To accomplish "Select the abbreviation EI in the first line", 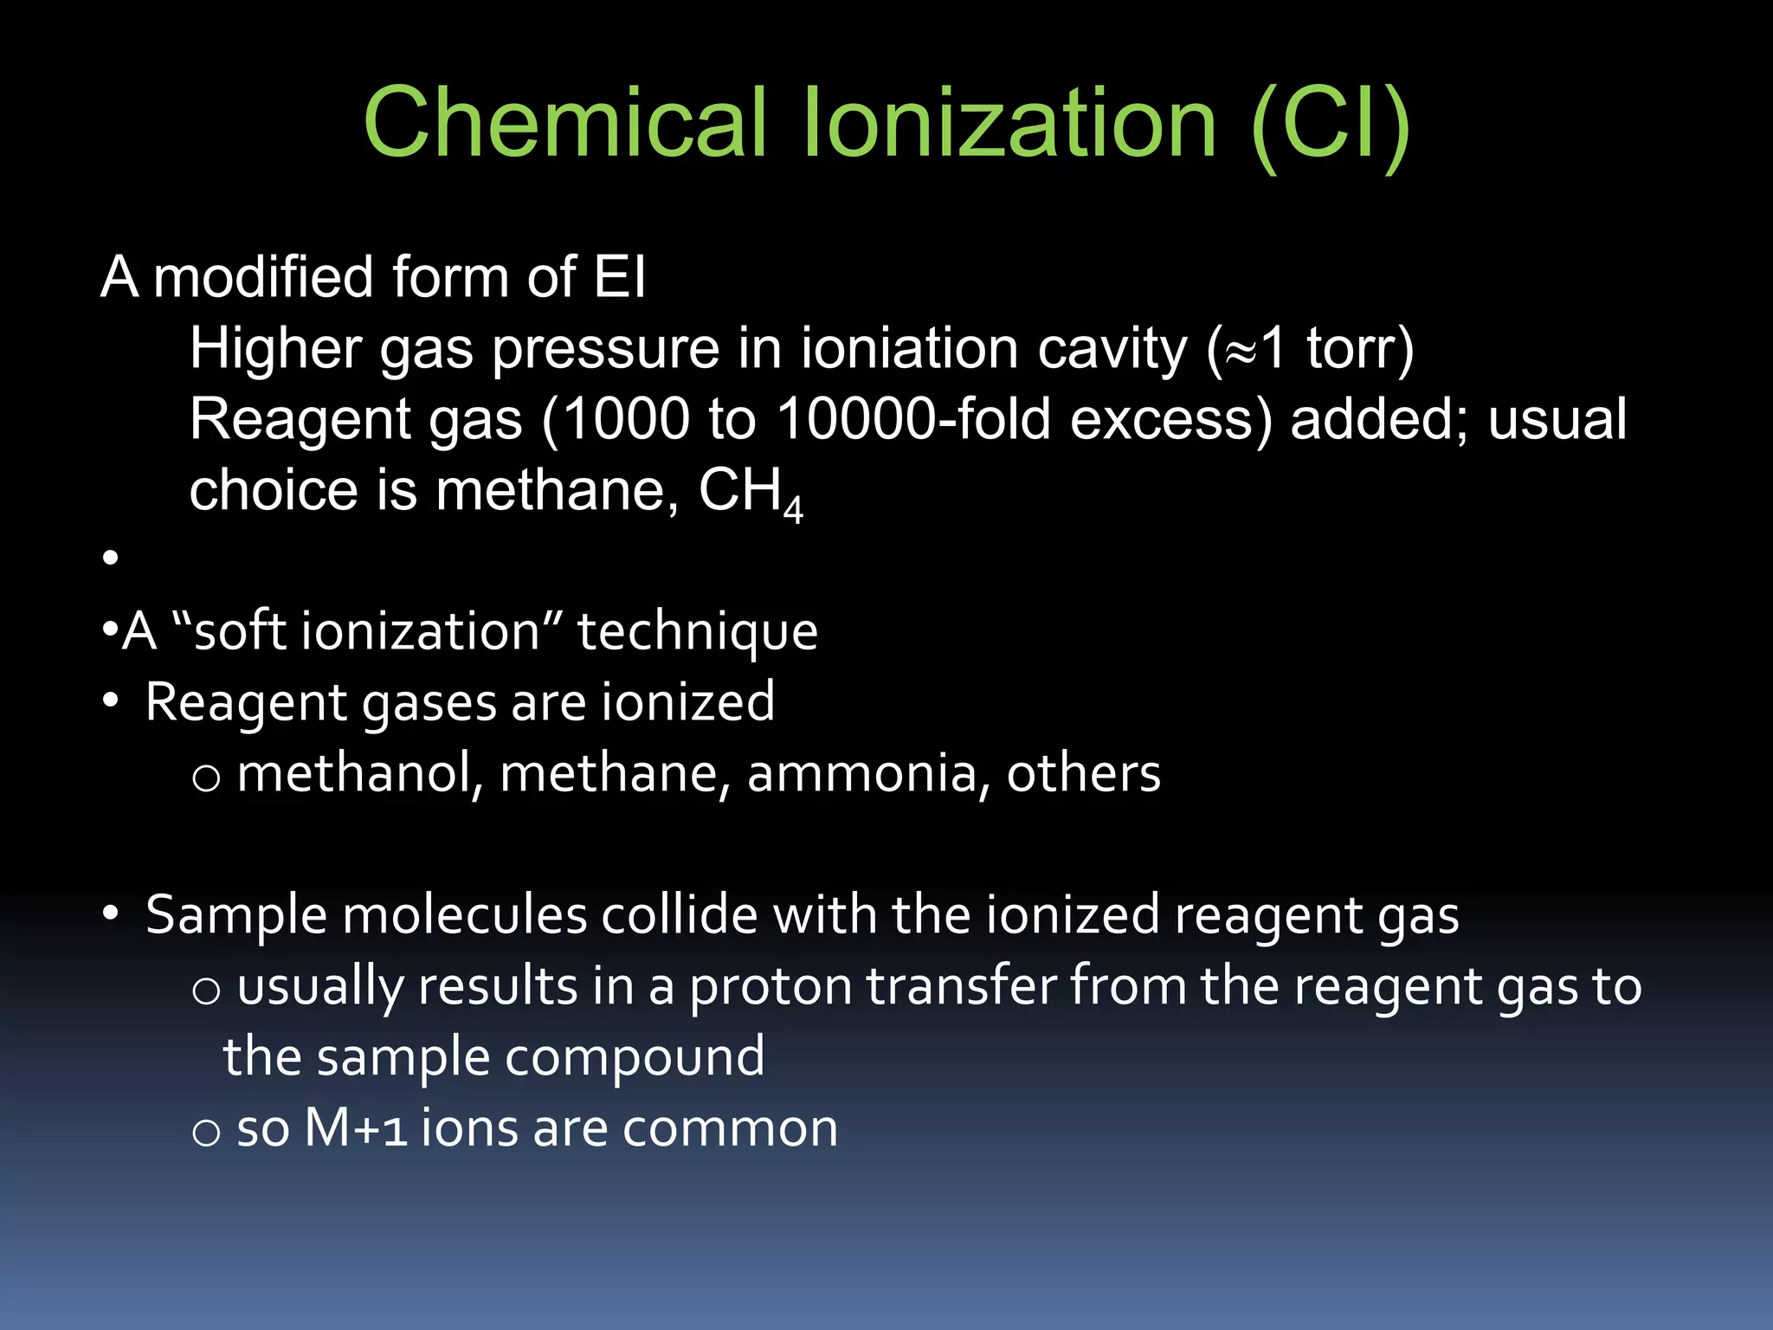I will tap(620, 278).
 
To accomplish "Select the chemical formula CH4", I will tap(751, 493).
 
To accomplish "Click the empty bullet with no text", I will tap(110, 558).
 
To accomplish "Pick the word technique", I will tap(697, 631).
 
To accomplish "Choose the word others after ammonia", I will tap(1083, 773).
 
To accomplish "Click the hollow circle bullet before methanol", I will tap(206, 778).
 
